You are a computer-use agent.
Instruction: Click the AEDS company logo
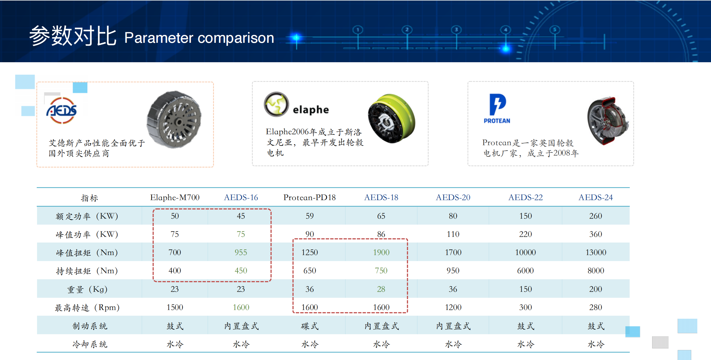point(62,110)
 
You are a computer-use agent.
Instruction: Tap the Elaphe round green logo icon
point(276,104)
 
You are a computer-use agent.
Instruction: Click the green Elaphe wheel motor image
point(391,118)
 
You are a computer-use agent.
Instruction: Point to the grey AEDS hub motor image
point(174,119)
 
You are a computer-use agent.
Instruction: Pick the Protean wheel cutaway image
point(608,121)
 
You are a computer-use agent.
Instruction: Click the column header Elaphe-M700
point(175,198)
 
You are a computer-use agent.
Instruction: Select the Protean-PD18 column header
point(310,198)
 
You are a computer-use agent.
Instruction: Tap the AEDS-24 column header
point(596,198)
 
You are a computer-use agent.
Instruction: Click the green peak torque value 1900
point(381,252)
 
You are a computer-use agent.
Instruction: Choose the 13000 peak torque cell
point(596,252)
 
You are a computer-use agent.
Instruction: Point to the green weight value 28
point(381,289)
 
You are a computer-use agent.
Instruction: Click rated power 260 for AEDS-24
point(596,216)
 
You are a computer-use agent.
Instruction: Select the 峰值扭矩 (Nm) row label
point(87,253)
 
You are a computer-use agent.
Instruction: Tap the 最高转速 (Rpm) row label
point(87,308)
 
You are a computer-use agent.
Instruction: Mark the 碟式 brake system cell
point(310,326)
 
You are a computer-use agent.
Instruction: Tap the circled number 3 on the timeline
point(456,30)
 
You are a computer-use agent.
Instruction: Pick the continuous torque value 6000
point(526,270)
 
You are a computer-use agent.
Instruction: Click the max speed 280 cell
point(596,307)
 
